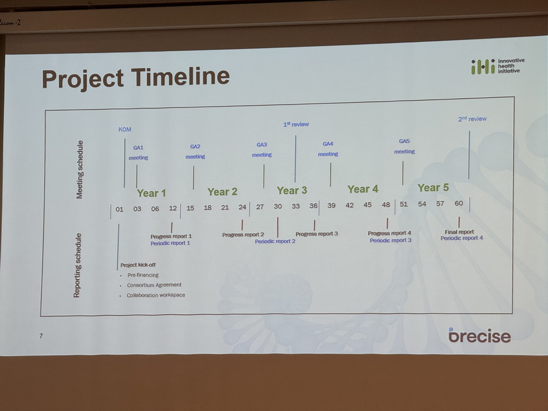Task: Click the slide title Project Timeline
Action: (135, 78)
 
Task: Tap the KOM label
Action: (125, 130)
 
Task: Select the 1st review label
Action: (296, 124)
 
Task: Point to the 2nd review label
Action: (472, 119)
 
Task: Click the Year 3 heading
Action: (292, 190)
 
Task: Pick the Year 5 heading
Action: (433, 188)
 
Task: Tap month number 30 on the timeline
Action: (278, 206)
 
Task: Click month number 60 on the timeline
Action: (459, 203)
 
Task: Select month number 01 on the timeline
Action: (119, 209)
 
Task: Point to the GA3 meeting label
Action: (262, 150)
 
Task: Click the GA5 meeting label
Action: (405, 146)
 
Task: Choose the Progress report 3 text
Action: (317, 233)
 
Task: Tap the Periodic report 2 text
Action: (275, 241)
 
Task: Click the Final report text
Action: (459, 232)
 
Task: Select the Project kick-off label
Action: (138, 265)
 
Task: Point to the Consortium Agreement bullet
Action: (154, 285)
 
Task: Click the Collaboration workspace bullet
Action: (156, 295)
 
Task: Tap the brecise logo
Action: (479, 335)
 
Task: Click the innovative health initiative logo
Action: (498, 66)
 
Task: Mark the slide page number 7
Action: (41, 336)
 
